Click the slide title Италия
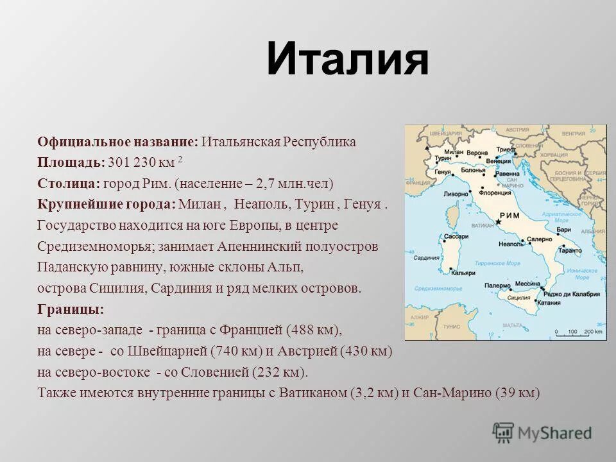click(x=347, y=58)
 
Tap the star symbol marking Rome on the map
click(x=499, y=222)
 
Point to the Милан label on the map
click(x=454, y=151)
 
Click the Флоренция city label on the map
click(x=495, y=192)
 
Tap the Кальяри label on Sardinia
click(x=463, y=272)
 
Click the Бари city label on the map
click(x=564, y=228)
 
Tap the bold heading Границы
click(x=70, y=309)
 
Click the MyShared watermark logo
click(x=542, y=432)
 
